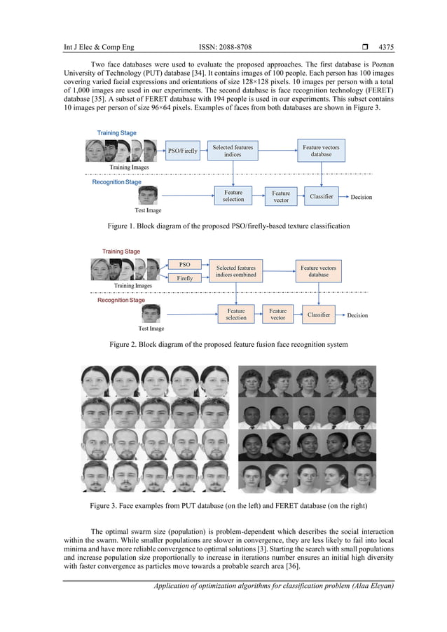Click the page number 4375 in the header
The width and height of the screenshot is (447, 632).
pos(386,48)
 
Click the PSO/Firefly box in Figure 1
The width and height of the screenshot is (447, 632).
pos(183,150)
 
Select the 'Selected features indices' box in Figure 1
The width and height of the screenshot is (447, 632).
pos(233,151)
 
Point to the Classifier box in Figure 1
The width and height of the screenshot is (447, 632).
pos(322,196)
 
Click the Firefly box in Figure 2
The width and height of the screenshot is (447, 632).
pos(185,278)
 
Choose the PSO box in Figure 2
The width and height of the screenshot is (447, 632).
pos(185,265)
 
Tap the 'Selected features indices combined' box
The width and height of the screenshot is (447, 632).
pos(236,271)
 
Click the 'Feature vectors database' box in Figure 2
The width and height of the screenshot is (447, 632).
pos(318,271)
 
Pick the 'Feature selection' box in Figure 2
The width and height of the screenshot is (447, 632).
pos(236,314)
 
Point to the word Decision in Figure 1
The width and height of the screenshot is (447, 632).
pos(362,197)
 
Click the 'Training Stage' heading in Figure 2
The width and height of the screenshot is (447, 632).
pos(121,252)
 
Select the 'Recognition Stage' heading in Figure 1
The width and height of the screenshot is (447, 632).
pos(117,182)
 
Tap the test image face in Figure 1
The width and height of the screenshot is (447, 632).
pos(148,195)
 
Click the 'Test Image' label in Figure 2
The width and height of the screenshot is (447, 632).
pos(151,328)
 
